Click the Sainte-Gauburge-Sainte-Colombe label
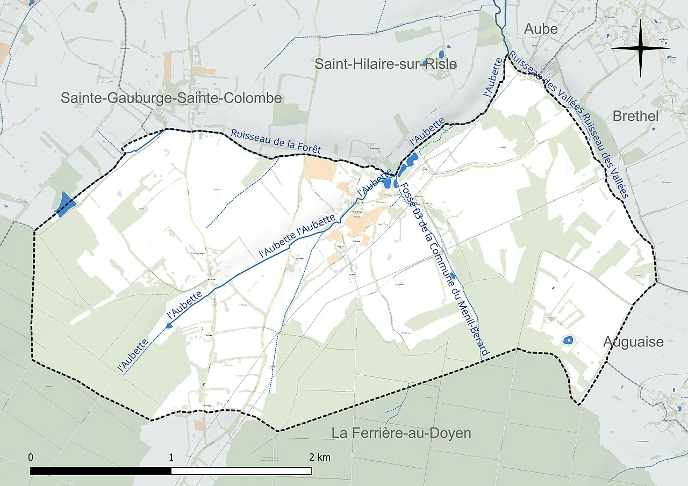171,98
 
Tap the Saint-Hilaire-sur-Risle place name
385,64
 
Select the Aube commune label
540,29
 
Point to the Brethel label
635,116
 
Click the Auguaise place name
633,342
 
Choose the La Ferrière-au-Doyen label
401,433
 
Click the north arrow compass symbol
640,48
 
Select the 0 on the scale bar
31,458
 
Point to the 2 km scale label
320,458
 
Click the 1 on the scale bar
171,458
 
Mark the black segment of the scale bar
101,471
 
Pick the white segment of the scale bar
241,471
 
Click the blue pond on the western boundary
66,205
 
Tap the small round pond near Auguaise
567,340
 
